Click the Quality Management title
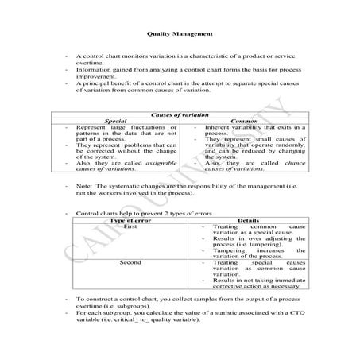(180, 34)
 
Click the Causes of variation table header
(180, 115)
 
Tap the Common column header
(238, 122)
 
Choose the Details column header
(238, 220)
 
